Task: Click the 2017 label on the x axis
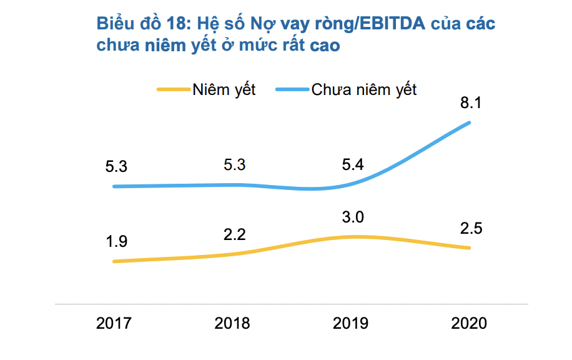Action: tap(114, 323)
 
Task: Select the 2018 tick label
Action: tap(232, 323)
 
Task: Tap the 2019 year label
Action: tap(350, 323)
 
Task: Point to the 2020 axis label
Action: tap(468, 323)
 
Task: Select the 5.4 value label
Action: tap(352, 166)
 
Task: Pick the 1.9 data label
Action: tap(116, 242)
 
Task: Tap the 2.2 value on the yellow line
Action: tap(234, 234)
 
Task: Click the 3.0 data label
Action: tap(352, 217)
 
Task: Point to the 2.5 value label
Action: tap(471, 228)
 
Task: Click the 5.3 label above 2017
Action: tap(116, 167)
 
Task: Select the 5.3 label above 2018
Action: tap(234, 166)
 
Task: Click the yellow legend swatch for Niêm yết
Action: tap(173, 89)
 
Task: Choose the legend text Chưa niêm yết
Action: tap(364, 89)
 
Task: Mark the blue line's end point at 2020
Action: tap(469, 122)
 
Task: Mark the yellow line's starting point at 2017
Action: tap(114, 261)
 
